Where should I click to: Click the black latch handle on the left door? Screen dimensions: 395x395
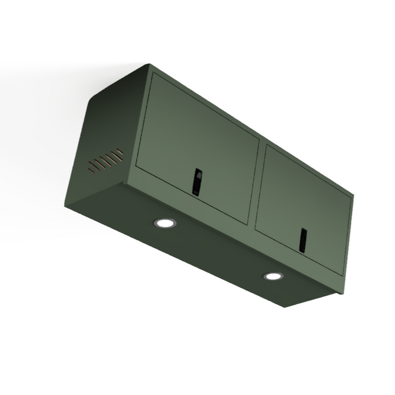pos(196,182)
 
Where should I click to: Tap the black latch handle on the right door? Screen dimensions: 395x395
pos(303,240)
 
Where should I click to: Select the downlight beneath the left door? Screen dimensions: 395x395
pos(164,223)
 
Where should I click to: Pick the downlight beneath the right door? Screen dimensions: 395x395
pos(273,276)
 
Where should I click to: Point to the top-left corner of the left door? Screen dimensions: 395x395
pos(152,74)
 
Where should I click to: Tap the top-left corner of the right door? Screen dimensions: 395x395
pos(266,146)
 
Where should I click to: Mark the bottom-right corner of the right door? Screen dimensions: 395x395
pos(343,275)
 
